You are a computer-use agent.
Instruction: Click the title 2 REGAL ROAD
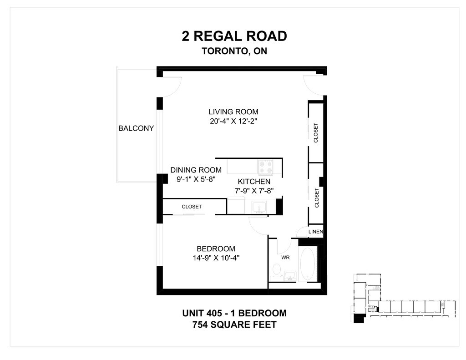coord(234,36)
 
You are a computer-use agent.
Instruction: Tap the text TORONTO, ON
coord(234,51)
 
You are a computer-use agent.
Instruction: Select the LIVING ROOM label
coord(233,112)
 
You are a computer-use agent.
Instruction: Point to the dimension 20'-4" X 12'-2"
coord(233,121)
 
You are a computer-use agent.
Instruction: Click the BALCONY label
coord(136,128)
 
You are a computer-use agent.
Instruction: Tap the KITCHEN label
coord(254,182)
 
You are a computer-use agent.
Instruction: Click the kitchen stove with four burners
coord(265,167)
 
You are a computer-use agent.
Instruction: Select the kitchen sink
coord(260,207)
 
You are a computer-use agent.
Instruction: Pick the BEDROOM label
coord(216,249)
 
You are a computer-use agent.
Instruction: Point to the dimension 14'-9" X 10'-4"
coord(216,258)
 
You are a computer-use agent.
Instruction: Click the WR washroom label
coord(285,258)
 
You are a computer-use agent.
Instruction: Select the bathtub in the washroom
coord(308,264)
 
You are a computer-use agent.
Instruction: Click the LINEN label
coord(316,232)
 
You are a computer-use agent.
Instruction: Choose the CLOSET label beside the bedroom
coord(192,207)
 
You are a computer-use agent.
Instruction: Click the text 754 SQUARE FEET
coord(234,325)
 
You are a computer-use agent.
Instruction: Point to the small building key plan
coord(403,298)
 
